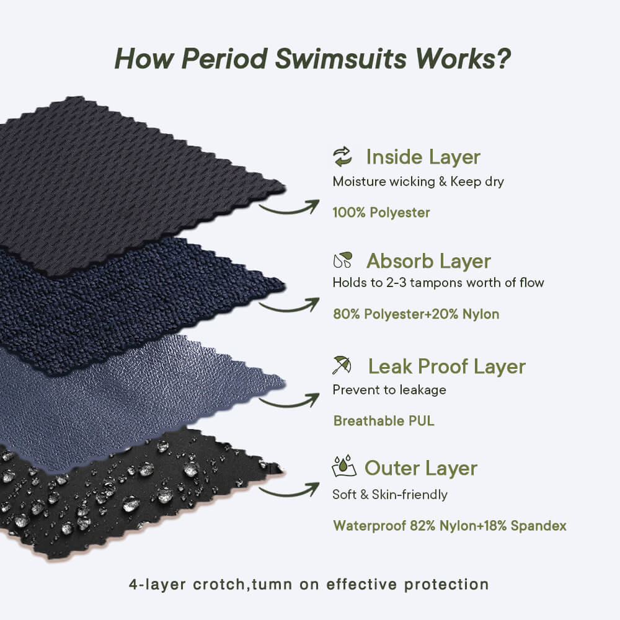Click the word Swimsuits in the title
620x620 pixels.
click(340, 59)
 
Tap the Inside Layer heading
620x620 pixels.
click(423, 157)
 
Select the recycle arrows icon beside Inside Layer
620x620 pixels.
click(342, 157)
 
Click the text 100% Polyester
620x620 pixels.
click(381, 213)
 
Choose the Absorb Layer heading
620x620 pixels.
click(428, 261)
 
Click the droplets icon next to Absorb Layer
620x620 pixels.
click(342, 260)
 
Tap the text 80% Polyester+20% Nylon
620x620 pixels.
click(416, 314)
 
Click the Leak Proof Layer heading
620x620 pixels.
click(447, 366)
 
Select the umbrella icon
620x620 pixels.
click(342, 365)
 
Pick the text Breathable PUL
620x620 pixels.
click(384, 421)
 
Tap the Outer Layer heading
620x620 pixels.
click(421, 468)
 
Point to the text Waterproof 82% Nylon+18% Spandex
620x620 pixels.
click(450, 526)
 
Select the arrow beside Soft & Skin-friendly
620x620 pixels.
click(289, 490)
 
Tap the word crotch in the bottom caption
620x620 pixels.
click(219, 585)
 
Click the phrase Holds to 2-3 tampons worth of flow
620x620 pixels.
click(438, 283)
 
